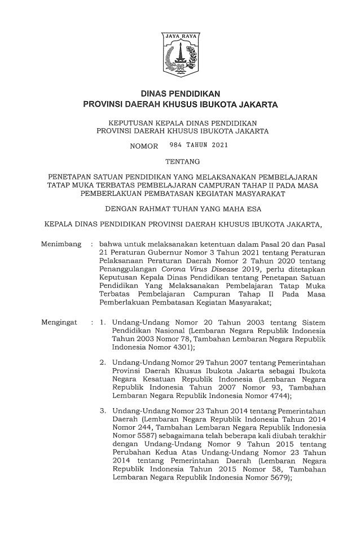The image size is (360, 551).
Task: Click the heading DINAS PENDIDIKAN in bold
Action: tap(180, 94)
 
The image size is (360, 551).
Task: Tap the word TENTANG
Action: tap(180, 161)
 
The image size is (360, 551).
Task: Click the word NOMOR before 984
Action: tap(144, 147)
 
